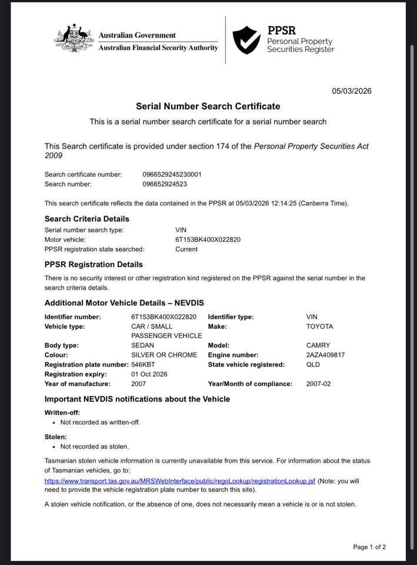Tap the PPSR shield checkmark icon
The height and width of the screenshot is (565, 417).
tap(246, 40)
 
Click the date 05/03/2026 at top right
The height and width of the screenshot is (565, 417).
tap(352, 91)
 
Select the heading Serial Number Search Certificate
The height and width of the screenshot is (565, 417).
tap(208, 107)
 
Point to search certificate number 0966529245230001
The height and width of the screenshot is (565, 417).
tap(172, 174)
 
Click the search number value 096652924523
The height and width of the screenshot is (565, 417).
tap(165, 184)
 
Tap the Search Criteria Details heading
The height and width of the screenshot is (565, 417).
tap(87, 219)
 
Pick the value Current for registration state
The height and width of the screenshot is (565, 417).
tap(186, 249)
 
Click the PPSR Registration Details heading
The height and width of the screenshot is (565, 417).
tap(94, 264)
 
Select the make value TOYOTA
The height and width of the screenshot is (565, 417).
tap(319, 326)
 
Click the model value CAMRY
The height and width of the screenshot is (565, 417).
tap(318, 345)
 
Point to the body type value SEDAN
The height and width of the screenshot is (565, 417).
tap(142, 345)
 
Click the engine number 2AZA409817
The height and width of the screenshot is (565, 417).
tap(325, 355)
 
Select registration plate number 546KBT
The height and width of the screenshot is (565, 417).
tap(144, 364)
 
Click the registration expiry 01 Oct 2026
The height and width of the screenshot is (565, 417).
tap(149, 374)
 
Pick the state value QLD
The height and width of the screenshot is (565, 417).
tap(313, 364)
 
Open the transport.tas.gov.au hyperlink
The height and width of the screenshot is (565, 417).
tap(180, 481)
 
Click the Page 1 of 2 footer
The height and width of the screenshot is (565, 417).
tap(369, 547)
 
